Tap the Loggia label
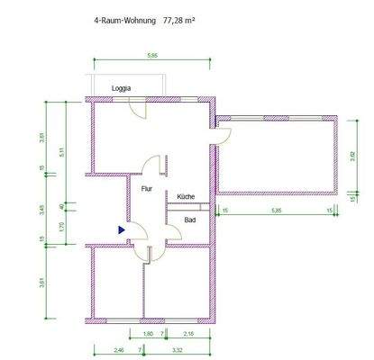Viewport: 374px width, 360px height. point(122,88)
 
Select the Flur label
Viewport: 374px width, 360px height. point(147,189)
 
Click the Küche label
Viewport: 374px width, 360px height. point(186,196)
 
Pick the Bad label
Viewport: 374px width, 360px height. point(190,220)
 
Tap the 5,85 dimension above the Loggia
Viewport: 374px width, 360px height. point(152,56)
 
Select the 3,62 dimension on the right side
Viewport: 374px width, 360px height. point(353,153)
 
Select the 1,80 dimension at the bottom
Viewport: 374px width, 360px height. point(149,334)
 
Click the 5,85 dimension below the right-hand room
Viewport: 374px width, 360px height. point(274,211)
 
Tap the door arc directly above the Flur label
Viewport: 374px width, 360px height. point(155,166)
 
